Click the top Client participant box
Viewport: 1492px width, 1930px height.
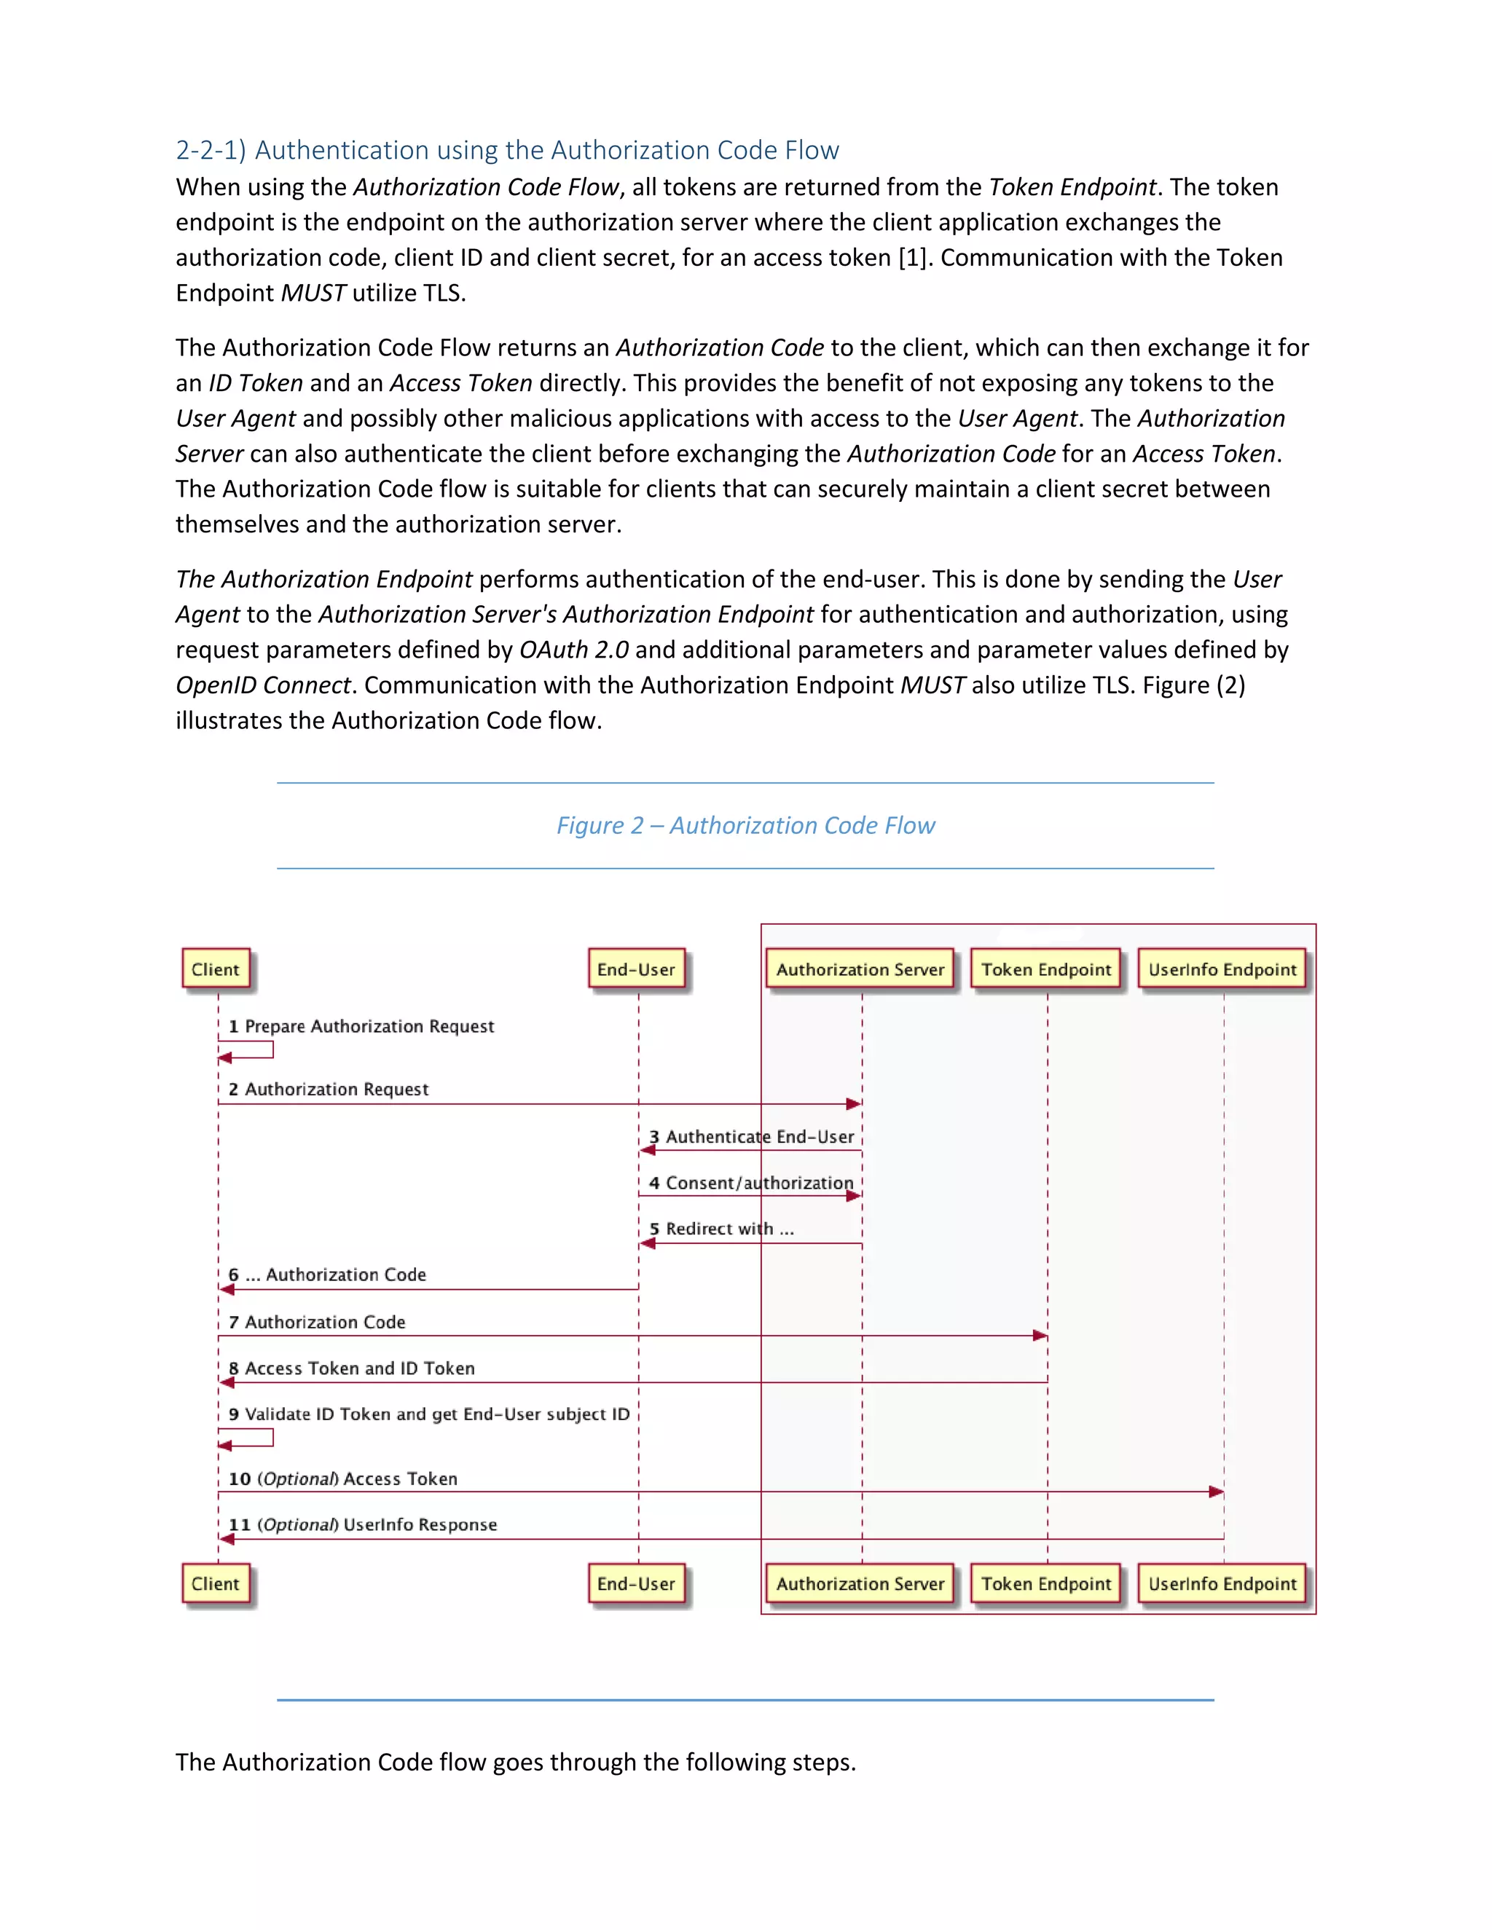(x=216, y=969)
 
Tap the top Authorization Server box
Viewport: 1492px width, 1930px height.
(x=860, y=969)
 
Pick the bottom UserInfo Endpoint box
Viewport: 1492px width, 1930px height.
(x=1222, y=1583)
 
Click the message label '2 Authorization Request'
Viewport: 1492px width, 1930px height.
(x=329, y=1090)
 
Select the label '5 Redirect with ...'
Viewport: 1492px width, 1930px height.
(x=721, y=1229)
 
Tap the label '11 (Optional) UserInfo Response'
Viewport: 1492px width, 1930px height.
(x=362, y=1525)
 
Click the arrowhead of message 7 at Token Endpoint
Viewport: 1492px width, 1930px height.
(x=1040, y=1335)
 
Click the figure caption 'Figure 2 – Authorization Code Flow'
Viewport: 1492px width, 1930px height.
(x=745, y=825)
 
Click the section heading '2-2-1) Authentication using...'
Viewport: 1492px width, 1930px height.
(x=507, y=150)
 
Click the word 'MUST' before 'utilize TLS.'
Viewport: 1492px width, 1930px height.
(x=313, y=294)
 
